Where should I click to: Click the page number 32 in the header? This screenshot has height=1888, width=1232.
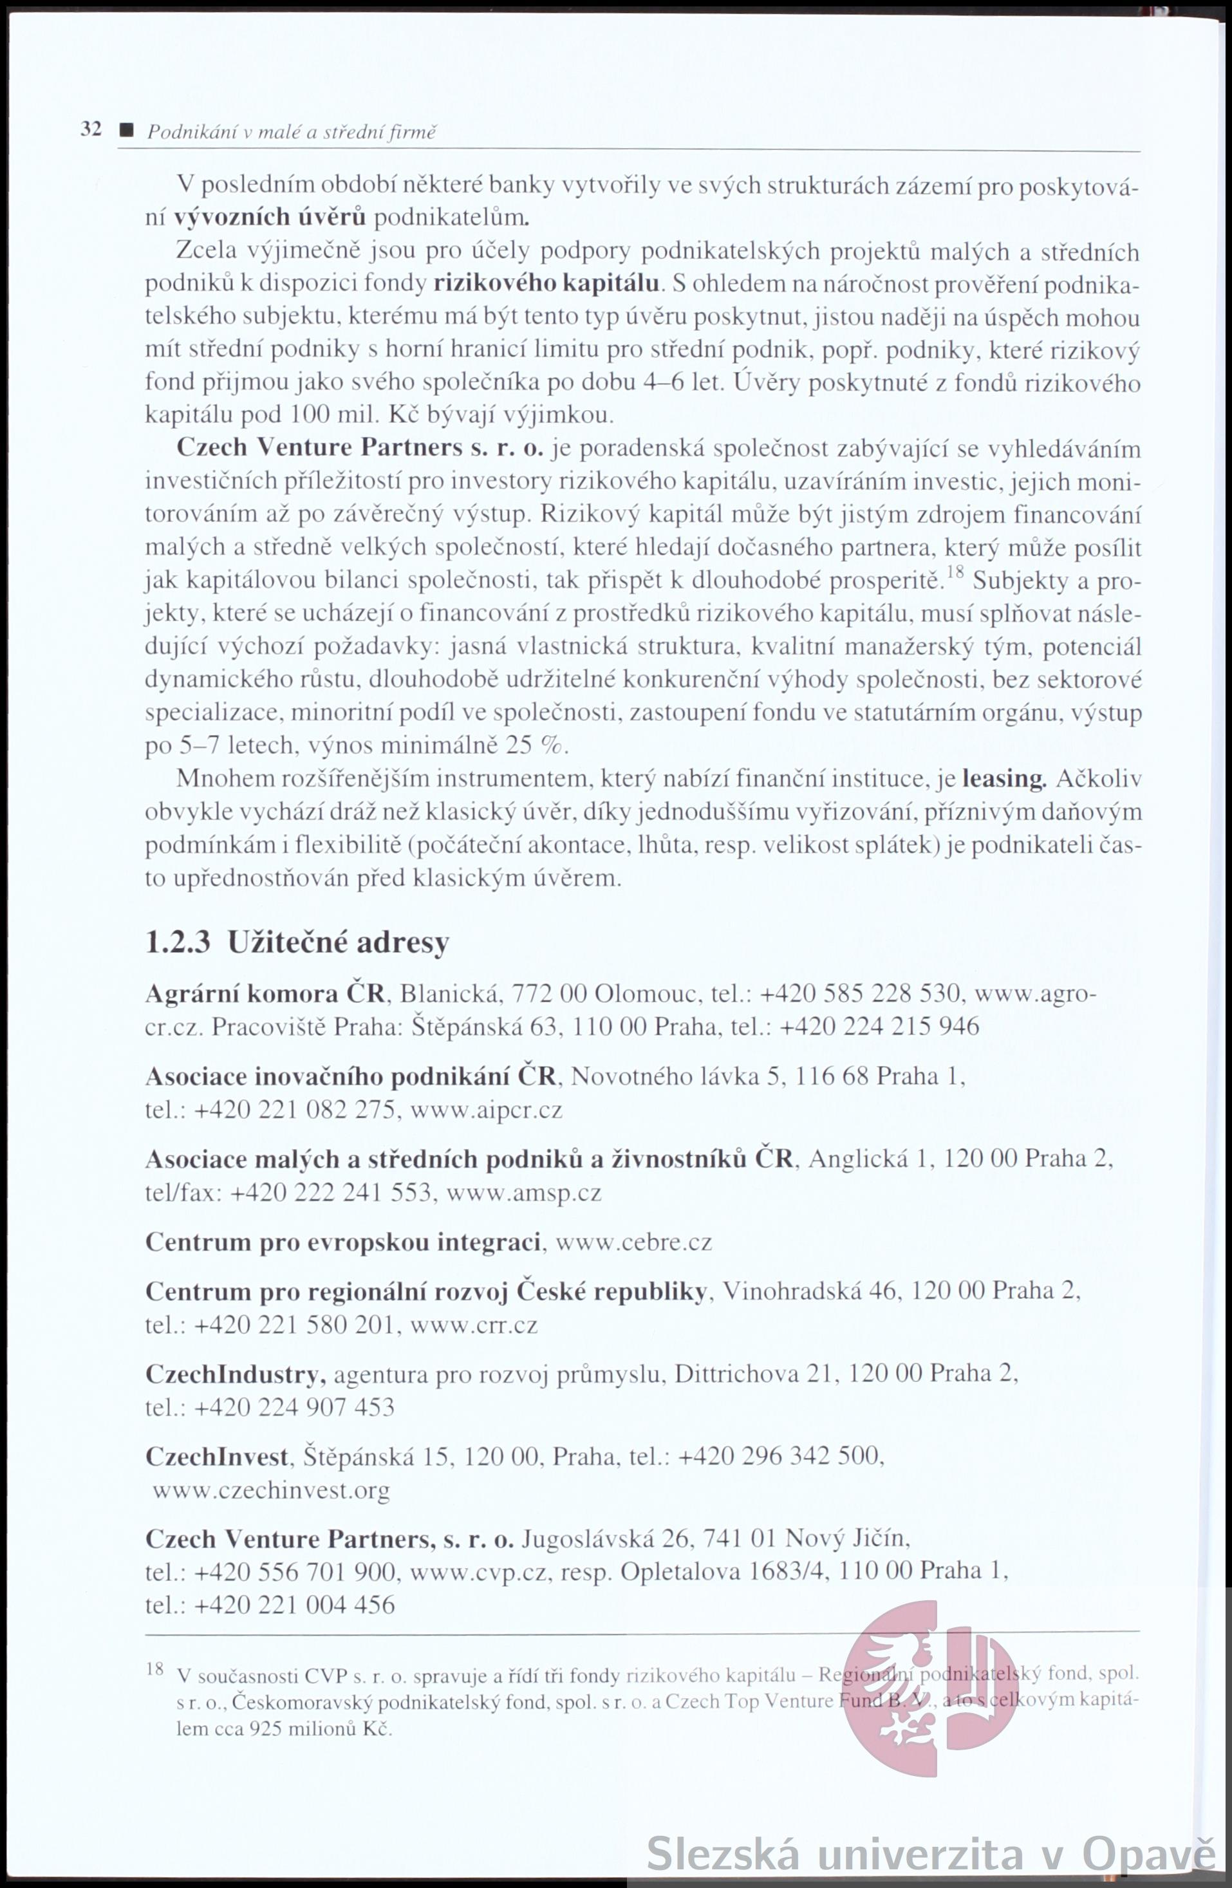[x=91, y=129]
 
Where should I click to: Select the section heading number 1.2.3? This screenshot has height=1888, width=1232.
[x=178, y=942]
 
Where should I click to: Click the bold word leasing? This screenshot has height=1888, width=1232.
[x=1004, y=779]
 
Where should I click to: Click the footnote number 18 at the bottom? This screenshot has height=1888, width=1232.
[x=154, y=1668]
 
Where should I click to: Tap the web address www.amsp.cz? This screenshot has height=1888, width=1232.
[x=525, y=1192]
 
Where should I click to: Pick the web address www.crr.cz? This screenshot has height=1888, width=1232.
[x=474, y=1324]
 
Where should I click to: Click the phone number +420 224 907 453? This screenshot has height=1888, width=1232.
[x=294, y=1407]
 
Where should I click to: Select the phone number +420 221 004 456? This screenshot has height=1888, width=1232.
[x=294, y=1605]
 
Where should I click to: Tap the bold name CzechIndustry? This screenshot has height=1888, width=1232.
[x=235, y=1374]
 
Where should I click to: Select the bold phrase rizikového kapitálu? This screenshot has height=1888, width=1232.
[x=547, y=283]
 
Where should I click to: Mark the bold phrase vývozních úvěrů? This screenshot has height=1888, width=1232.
[x=270, y=216]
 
